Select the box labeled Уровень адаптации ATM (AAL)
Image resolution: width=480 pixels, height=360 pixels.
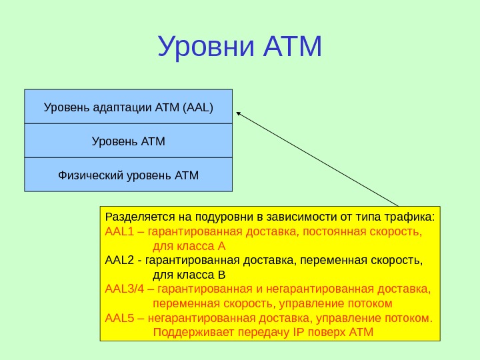129,106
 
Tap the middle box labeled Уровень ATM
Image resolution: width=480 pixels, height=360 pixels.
129,141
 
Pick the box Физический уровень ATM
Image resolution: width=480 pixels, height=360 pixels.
129,175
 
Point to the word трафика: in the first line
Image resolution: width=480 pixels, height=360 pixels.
412,217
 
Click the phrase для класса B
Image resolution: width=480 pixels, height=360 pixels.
189,274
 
